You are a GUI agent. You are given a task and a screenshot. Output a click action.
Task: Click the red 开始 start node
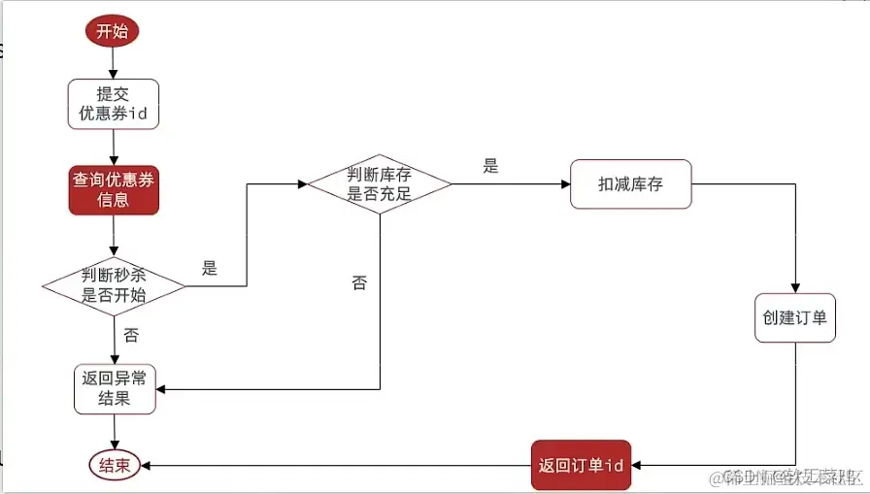113,30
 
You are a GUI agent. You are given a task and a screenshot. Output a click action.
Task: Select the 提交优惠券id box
113,103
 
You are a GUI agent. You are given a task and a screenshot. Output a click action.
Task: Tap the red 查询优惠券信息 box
113,189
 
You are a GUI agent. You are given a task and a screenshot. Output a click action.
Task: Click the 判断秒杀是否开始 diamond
114,286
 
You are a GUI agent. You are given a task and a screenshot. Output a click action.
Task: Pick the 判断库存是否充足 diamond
380,183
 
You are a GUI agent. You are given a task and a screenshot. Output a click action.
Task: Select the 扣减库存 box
631,183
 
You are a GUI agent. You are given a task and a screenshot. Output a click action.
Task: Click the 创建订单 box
795,317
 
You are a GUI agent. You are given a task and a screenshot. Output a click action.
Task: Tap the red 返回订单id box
581,466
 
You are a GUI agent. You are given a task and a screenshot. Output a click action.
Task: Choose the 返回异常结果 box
115,388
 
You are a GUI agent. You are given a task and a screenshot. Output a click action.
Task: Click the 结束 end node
114,466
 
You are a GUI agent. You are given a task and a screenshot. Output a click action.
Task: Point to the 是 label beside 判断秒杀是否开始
210,269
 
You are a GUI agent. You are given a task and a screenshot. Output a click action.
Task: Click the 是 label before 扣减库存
490,166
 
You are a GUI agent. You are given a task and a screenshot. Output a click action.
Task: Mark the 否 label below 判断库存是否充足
359,283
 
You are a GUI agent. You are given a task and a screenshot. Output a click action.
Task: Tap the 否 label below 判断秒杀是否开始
131,335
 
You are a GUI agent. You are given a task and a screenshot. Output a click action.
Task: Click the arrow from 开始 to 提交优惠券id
113,61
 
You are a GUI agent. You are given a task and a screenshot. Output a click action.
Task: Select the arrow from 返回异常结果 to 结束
115,431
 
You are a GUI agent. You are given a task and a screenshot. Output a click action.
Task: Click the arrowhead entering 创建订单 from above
795,287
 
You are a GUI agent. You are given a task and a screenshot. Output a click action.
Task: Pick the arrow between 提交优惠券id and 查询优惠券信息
113,146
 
